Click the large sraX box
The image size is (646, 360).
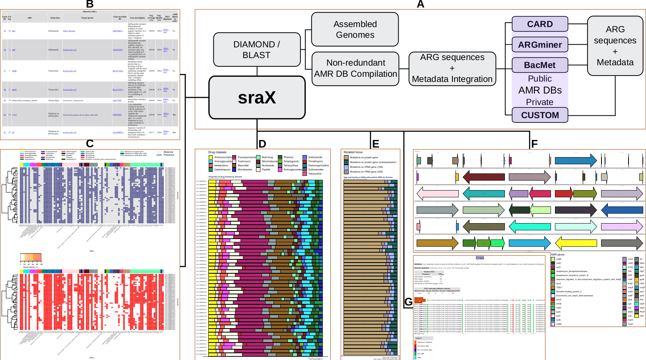tap(257, 97)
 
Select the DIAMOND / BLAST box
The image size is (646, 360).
tap(256, 50)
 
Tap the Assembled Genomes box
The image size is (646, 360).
tap(355, 29)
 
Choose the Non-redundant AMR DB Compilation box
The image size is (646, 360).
tap(355, 68)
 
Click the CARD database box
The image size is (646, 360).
tap(539, 24)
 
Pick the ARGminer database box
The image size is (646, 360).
tap(539, 45)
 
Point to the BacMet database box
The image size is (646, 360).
tap(539, 65)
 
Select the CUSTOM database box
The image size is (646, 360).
tap(539, 115)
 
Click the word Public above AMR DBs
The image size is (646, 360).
tap(539, 79)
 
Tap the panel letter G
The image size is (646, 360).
tap(408, 302)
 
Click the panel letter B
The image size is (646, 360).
tap(90, 4)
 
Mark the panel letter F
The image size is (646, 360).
tap(534, 144)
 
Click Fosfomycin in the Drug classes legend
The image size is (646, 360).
tap(244, 162)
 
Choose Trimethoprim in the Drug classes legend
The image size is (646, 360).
tap(315, 162)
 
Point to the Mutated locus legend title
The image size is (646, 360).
tap(353, 152)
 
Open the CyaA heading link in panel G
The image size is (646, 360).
tap(480, 258)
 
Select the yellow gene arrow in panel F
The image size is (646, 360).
tap(576, 243)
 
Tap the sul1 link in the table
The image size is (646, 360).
tap(14, 31)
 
